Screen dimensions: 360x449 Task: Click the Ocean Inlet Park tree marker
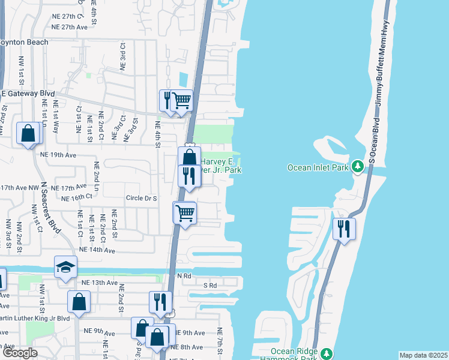(358, 165)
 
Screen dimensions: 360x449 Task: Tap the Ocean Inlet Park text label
(318, 167)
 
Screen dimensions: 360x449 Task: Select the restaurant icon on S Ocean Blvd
(344, 229)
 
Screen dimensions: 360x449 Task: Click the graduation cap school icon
(65, 267)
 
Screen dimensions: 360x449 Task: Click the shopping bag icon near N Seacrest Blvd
(28, 133)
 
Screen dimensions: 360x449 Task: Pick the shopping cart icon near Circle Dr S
(185, 212)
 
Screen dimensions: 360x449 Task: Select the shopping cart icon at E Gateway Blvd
(181, 101)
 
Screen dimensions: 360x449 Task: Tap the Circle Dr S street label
(141, 198)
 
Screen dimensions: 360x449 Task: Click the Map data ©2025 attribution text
(423, 355)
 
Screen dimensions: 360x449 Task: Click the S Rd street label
(210, 286)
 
